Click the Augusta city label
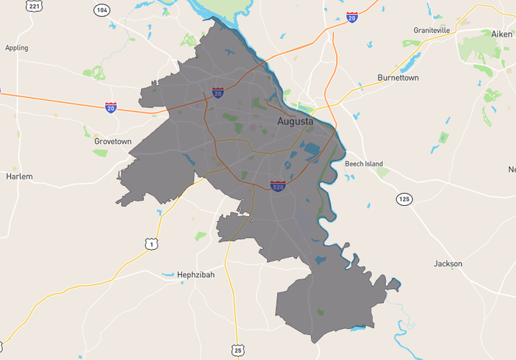(295, 122)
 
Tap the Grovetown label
(113, 142)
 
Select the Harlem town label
(19, 176)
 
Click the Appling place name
(17, 48)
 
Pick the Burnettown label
(399, 78)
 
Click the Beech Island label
(363, 164)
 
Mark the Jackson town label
(448, 264)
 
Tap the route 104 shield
(102, 10)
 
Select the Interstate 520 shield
(278, 186)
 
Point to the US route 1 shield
(151, 245)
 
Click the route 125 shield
(404, 198)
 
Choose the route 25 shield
(238, 350)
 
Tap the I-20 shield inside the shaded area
(217, 92)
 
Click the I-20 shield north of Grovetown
(111, 107)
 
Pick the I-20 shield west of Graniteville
(351, 17)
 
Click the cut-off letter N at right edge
(512, 170)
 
